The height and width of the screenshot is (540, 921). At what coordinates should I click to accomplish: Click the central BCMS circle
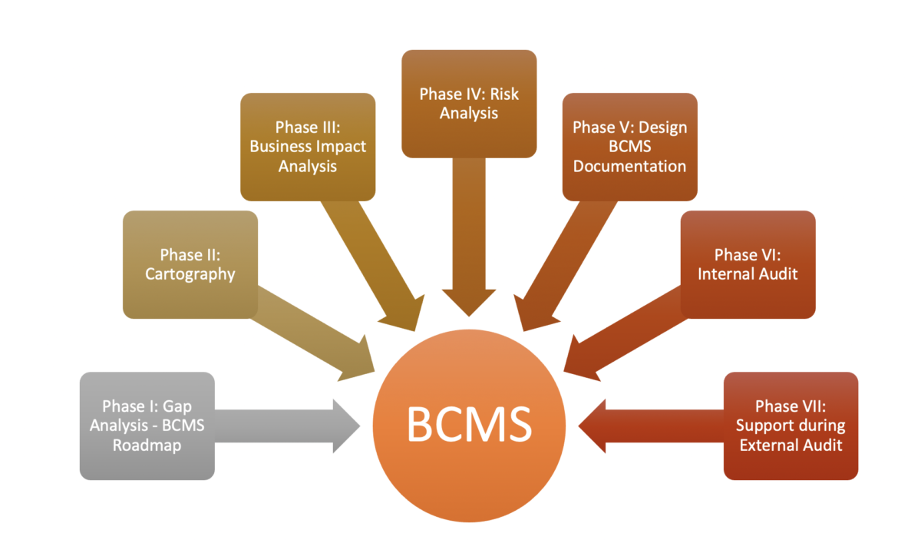469,426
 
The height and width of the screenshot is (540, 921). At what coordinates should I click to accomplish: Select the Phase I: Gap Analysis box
147,426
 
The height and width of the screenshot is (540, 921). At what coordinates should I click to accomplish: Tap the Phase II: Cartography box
190,265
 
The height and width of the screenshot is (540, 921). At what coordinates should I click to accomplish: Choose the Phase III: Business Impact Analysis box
308,147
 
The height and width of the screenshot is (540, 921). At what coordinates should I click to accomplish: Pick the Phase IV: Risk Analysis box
469,104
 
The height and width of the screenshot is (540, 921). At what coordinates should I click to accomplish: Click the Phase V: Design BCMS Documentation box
630,147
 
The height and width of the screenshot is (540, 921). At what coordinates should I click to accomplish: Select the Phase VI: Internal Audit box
748,265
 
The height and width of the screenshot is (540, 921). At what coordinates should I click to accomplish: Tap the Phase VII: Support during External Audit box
791,426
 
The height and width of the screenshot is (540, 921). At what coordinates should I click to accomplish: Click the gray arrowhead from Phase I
346,426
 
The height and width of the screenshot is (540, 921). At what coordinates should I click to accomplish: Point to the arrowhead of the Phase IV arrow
469,303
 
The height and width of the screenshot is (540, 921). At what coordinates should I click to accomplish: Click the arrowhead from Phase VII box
592,426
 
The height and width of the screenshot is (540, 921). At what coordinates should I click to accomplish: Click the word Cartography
190,274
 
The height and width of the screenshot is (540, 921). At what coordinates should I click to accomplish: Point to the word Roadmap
147,446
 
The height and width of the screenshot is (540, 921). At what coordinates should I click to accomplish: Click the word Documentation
630,166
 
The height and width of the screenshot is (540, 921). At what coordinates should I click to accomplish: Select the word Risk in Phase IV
504,94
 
